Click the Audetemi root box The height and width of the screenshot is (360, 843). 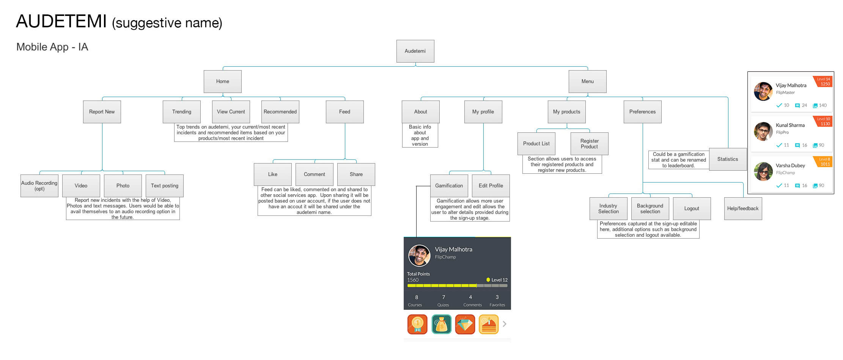(x=415, y=51)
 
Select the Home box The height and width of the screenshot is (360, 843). (x=222, y=82)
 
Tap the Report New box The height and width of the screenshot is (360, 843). (x=102, y=112)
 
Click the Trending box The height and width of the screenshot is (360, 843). (x=181, y=112)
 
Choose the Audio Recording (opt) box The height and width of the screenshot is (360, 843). (x=39, y=186)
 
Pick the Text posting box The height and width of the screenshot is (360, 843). (x=164, y=186)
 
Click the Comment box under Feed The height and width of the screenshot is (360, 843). (x=314, y=174)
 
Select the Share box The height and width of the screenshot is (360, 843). (x=356, y=174)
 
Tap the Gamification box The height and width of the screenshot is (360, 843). (x=449, y=186)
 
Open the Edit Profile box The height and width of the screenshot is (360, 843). (x=491, y=186)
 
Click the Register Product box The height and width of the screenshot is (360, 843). (x=589, y=144)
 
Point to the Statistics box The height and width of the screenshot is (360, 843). (x=728, y=159)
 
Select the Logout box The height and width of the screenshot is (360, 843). (x=692, y=209)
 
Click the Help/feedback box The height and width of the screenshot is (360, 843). (x=743, y=209)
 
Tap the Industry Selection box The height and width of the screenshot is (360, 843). (x=608, y=209)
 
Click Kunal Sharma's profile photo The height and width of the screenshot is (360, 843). (x=763, y=131)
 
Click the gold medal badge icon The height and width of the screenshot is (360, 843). (x=417, y=324)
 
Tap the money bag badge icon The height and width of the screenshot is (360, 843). (x=441, y=324)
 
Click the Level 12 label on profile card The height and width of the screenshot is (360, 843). (x=497, y=280)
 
